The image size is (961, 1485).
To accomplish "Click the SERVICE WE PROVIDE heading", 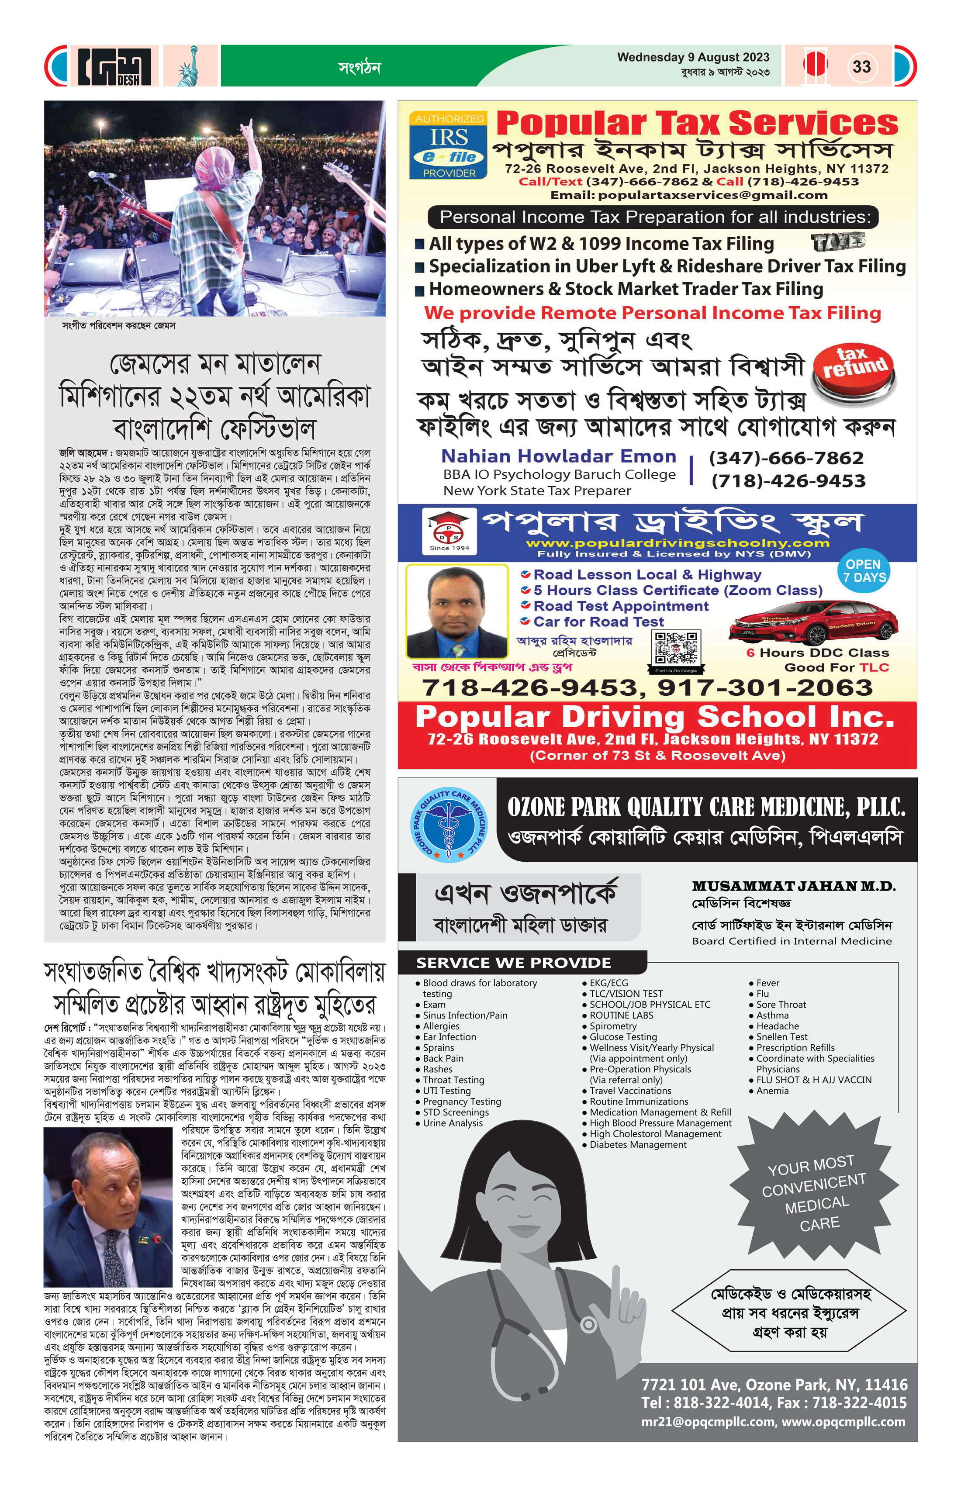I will pyautogui.click(x=514, y=963).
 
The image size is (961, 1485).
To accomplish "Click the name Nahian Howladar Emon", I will pyautogui.click(x=559, y=456).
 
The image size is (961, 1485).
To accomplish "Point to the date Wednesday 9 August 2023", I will pyautogui.click(x=693, y=57).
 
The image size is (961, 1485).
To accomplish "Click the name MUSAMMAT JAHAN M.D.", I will pyautogui.click(x=793, y=886).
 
